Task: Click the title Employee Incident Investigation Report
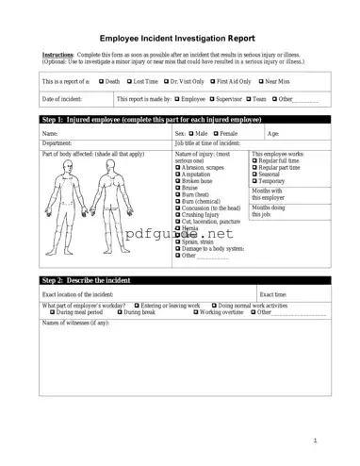pos(179,37)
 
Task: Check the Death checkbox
pos(101,82)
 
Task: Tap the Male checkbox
pos(191,134)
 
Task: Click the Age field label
pos(272,134)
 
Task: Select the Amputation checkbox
pos(177,175)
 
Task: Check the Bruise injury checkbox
pos(177,188)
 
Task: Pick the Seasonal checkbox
pos(254,174)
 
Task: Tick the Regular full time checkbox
pos(254,160)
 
